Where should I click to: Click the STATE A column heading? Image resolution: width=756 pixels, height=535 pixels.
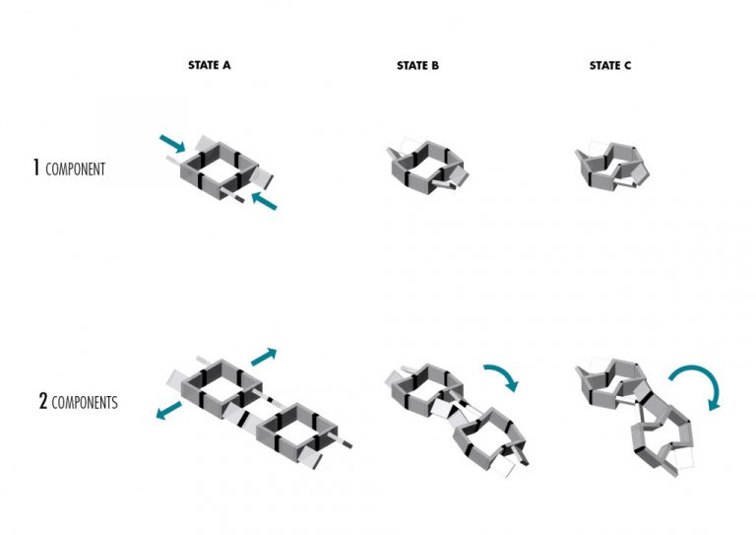click(x=209, y=65)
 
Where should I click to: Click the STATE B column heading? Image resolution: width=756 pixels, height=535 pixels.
click(x=417, y=65)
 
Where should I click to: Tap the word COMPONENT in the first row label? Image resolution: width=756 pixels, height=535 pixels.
click(x=75, y=169)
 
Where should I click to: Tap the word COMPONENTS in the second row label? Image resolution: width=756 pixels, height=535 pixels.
click(x=85, y=402)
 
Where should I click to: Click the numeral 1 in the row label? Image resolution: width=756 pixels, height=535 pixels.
click(x=36, y=168)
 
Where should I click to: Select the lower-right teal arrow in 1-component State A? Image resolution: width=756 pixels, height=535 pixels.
click(x=264, y=200)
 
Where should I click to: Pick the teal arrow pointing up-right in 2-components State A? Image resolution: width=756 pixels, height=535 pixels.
click(x=264, y=357)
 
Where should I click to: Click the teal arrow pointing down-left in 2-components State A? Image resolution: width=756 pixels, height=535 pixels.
click(x=168, y=410)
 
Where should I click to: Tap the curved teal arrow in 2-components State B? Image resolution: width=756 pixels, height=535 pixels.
click(x=499, y=377)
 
